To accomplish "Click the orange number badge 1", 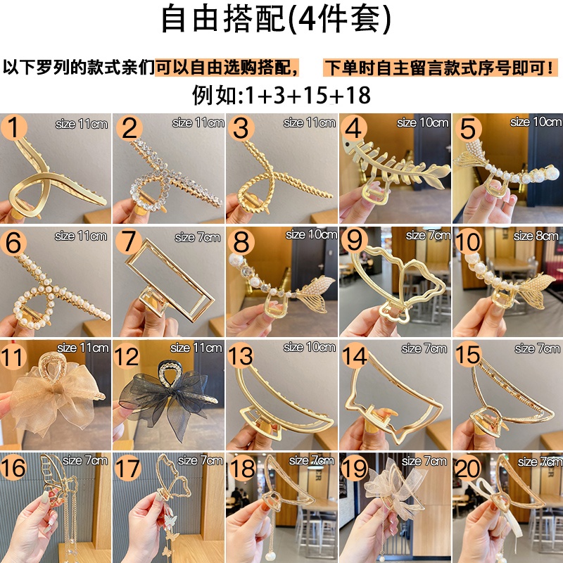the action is tap(13, 127).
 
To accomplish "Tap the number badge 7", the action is tap(129, 241).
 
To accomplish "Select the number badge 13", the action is tap(240, 355).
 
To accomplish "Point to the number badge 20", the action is tap(467, 468).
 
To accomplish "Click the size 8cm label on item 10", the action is tap(536, 236).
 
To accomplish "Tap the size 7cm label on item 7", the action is tap(198, 237).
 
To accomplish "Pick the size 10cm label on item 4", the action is tap(423, 122).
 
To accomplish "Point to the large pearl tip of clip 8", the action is tap(235, 260).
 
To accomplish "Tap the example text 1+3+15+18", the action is tap(308, 95).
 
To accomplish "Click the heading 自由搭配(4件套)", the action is tap(276, 19).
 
